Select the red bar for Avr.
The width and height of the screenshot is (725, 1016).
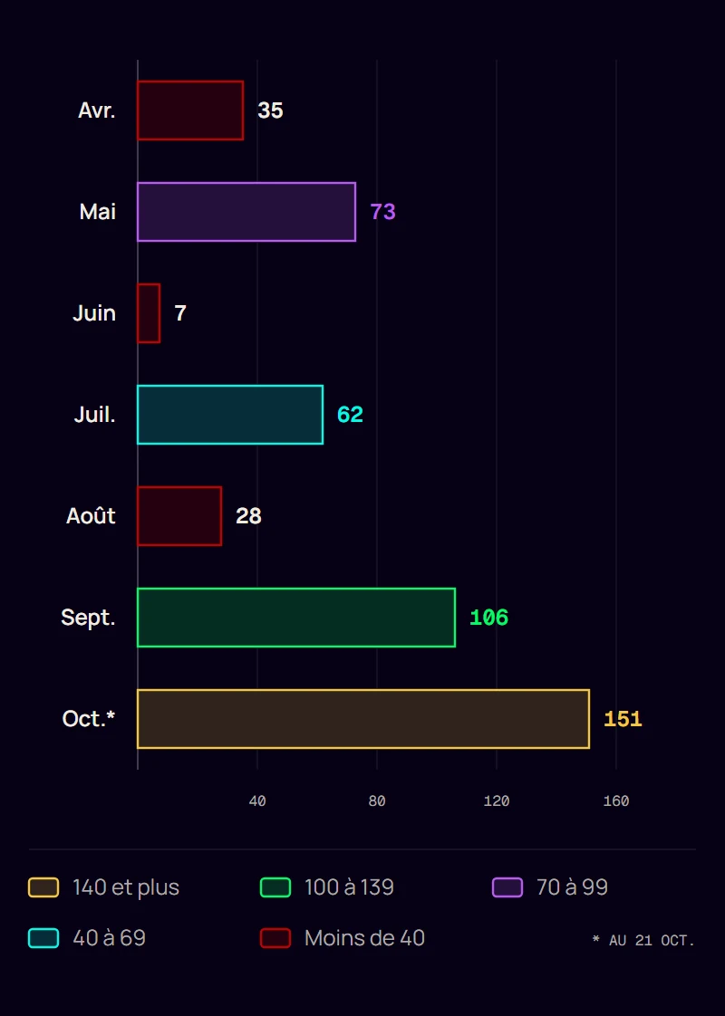190,110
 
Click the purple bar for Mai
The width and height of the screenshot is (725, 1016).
246,212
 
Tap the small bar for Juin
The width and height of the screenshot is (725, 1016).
149,313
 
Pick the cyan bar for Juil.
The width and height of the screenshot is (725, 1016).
230,415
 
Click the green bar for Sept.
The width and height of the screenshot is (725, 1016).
296,618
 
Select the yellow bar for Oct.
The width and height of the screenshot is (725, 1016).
363,719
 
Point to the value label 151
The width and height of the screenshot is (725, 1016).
623,719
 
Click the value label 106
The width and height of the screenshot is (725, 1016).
488,618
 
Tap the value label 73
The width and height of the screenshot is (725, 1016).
382,212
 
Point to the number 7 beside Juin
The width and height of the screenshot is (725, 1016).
180,313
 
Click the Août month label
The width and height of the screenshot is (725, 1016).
91,516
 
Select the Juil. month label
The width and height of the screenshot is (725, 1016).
94,414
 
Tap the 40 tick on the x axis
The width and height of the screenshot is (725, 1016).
257,800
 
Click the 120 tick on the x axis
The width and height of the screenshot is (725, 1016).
497,800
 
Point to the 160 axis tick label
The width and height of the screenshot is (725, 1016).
616,800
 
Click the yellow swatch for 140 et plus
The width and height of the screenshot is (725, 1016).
43,887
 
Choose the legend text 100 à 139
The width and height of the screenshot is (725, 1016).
350,887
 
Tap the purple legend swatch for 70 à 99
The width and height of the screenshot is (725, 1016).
507,887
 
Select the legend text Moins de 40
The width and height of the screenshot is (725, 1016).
364,937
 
